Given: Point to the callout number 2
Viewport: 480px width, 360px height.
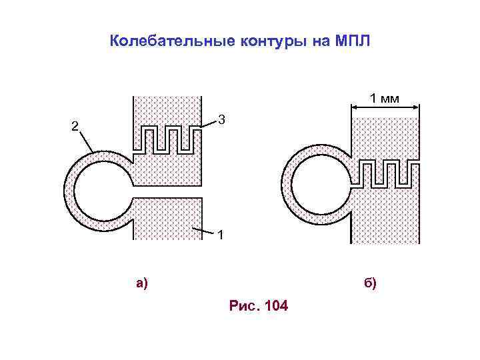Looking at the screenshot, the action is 75,127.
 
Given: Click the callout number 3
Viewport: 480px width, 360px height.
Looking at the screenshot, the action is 222,121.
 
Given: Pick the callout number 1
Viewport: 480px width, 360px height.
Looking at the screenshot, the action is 221,235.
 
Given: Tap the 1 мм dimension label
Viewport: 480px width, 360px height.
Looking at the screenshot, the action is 385,99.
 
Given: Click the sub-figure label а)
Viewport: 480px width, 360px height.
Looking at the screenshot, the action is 142,283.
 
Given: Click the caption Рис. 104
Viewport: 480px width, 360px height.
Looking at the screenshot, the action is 258,307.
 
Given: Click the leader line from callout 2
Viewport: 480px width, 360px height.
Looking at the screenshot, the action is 86,141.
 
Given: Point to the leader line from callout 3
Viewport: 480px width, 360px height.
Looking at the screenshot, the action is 209,124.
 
